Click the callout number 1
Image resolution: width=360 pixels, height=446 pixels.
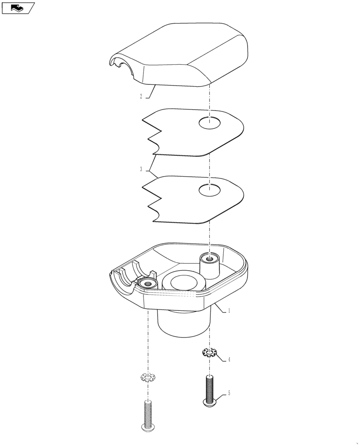(x=229, y=311)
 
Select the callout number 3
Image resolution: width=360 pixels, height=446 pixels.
(x=141, y=169)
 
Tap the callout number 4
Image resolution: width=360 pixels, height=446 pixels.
(x=229, y=359)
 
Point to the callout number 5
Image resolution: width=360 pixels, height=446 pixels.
(x=229, y=393)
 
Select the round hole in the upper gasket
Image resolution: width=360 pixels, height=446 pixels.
(x=209, y=123)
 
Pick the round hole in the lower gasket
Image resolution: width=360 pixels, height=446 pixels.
(x=209, y=190)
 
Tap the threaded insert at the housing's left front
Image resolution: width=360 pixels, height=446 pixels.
(x=147, y=283)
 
